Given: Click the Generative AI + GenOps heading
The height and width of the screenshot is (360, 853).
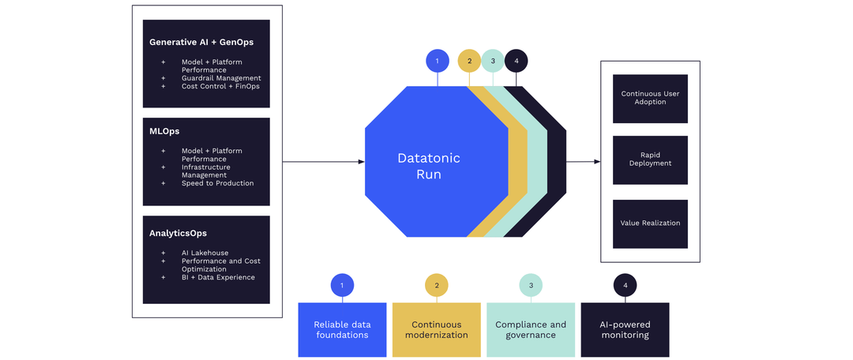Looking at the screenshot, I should click(x=201, y=42).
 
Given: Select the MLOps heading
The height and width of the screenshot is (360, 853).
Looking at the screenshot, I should click(x=165, y=130).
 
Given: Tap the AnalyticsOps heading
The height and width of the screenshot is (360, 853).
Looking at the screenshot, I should click(x=179, y=233).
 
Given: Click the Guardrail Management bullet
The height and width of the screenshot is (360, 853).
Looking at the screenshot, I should click(x=221, y=78).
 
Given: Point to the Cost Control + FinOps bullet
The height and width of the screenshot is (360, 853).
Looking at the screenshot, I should click(x=220, y=86).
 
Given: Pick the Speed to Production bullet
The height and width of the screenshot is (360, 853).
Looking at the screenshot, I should click(x=217, y=183).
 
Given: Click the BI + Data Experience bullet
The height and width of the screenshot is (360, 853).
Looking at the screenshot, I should click(x=218, y=277).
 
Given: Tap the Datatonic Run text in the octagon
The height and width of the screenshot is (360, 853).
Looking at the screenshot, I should click(x=429, y=166).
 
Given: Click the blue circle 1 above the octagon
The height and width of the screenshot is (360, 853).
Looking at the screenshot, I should click(x=437, y=61).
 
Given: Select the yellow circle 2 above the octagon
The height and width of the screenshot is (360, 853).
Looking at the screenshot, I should click(x=469, y=61).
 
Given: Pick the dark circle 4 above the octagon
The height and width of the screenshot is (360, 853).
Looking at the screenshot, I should click(x=516, y=61).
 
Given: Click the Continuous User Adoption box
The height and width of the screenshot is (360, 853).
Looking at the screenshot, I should click(x=650, y=99).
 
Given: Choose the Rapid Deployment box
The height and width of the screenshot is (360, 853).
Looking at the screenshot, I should click(x=650, y=159).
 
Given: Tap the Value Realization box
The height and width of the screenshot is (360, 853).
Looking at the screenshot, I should click(x=650, y=223).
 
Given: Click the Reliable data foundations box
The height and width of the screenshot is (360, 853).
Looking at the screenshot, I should click(x=342, y=329).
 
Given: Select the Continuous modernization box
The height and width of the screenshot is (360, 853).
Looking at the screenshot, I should click(x=436, y=329).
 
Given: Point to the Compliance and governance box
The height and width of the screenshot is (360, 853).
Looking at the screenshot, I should click(x=531, y=329).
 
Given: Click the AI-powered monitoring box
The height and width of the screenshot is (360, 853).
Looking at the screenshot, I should click(x=625, y=329).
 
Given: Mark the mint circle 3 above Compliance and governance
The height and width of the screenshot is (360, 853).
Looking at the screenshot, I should click(x=531, y=285).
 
